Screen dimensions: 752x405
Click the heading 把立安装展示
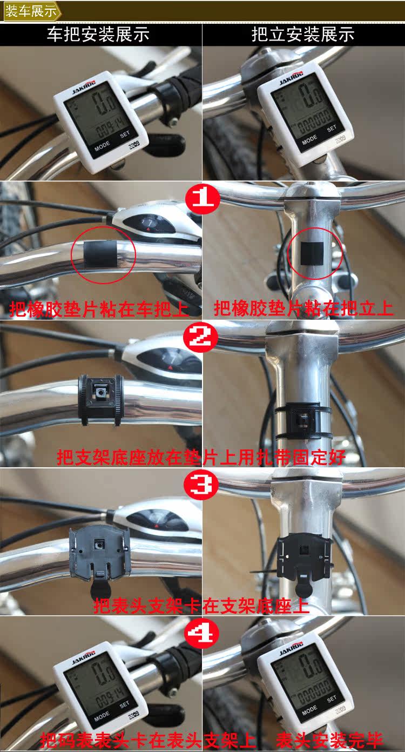click(303, 35)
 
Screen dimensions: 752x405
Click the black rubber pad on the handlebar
click(99, 253)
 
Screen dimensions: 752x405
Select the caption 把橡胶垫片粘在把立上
click(303, 308)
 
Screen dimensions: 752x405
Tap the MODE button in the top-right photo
click(310, 139)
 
